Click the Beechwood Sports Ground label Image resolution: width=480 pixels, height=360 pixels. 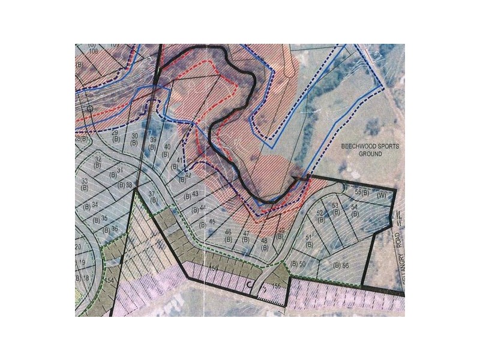pyautogui.click(x=361, y=149)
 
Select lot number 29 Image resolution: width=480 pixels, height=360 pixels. pyautogui.click(x=115, y=133)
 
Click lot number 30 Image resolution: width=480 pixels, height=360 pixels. pyautogui.click(x=134, y=136)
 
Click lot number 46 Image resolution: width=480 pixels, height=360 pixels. pyautogui.click(x=228, y=232)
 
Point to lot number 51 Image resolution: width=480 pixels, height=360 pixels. pyautogui.click(x=310, y=238)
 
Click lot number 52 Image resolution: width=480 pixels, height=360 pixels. pyautogui.click(x=319, y=213)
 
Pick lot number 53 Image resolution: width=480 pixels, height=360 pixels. pyautogui.click(x=335, y=206)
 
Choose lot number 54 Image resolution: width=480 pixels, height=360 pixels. pyautogui.click(x=355, y=207)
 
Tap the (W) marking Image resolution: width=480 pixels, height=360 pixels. pyautogui.click(x=380, y=195)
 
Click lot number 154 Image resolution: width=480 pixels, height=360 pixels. pyautogui.click(x=109, y=280)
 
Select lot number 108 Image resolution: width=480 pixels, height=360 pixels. pyautogui.click(x=93, y=51)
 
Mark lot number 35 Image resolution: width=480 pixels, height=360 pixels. pyautogui.click(x=104, y=218)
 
